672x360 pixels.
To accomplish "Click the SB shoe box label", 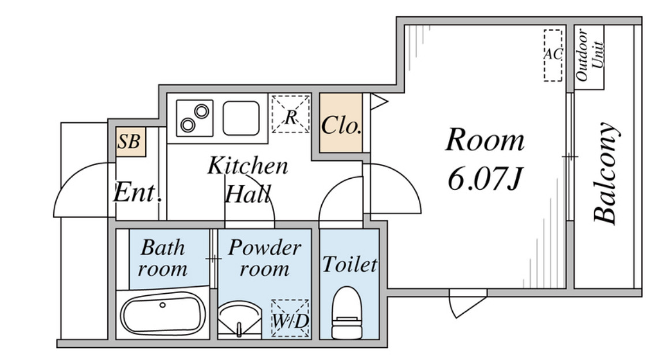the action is click(x=129, y=142).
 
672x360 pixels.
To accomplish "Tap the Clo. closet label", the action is click(x=341, y=125).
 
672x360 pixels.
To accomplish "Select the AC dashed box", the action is click(x=553, y=55).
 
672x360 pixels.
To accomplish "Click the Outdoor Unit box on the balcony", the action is click(x=589, y=57).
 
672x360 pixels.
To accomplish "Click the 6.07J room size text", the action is click(x=485, y=178).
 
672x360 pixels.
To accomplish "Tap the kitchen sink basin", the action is click(x=241, y=118).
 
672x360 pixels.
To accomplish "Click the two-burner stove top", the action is click(x=194, y=118).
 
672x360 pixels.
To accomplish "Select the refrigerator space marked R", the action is click(x=291, y=114).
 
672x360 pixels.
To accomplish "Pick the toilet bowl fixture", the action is click(x=347, y=313).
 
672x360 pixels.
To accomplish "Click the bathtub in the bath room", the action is click(x=163, y=313).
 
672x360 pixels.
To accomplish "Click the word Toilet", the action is click(x=350, y=264).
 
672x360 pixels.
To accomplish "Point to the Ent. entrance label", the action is click(x=137, y=193).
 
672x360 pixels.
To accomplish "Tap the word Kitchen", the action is click(x=247, y=166).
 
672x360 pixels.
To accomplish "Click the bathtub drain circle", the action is click(x=163, y=305).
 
